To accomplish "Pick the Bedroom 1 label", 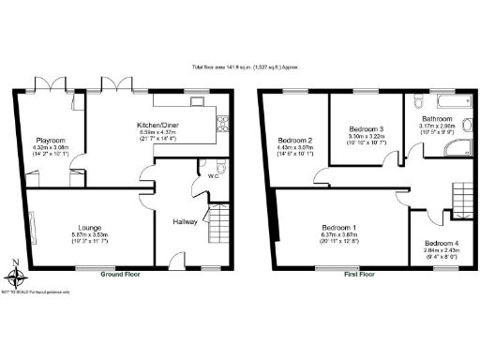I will coord(338,228).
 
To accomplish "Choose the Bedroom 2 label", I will coord(294,141).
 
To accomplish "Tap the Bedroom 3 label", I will coord(367,128).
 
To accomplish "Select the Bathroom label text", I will coord(436,120).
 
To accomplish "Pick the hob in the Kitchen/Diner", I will coord(224,120).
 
